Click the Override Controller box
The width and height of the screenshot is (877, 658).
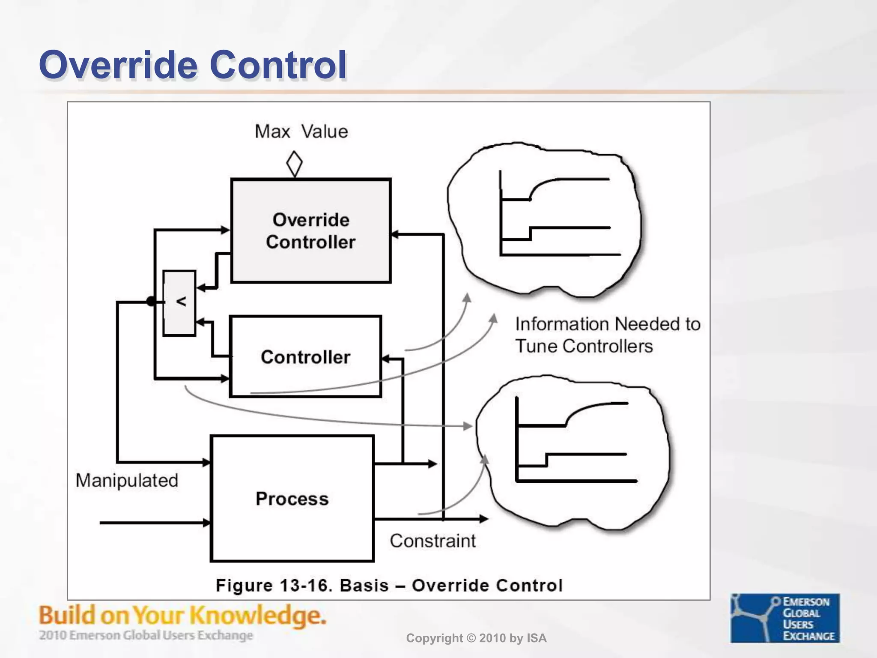click(311, 231)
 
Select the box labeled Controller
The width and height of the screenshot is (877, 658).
click(305, 357)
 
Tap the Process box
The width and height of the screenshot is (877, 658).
click(292, 499)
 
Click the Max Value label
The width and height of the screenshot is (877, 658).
click(301, 131)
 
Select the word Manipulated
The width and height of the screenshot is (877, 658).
click(127, 480)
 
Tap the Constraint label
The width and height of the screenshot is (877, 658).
click(433, 541)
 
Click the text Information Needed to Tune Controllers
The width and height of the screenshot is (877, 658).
click(607, 335)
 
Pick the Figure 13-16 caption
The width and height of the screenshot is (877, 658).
click(389, 585)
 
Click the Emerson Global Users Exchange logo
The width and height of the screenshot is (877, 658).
click(785, 618)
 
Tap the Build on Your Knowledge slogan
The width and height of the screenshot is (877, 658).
click(182, 616)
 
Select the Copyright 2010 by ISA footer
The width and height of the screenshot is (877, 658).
click(476, 638)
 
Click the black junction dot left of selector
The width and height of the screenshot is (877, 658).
click(151, 302)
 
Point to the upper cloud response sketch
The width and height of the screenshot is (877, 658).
click(545, 219)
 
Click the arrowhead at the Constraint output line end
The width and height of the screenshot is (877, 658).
click(484, 519)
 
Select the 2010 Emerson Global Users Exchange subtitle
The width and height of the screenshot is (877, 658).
click(146, 635)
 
